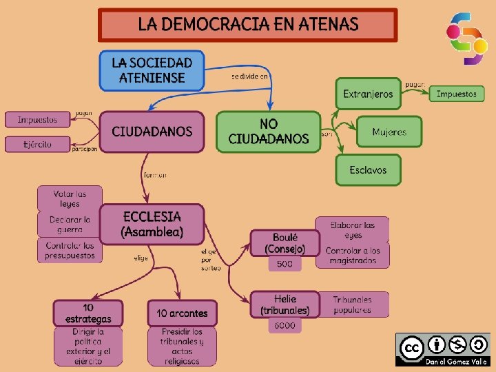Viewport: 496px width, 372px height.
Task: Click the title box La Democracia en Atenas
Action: click(248, 25)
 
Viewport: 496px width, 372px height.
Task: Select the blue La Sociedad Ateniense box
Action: click(152, 70)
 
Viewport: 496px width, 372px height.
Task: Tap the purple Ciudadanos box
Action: click(152, 132)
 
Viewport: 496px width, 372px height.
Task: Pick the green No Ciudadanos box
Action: click(269, 132)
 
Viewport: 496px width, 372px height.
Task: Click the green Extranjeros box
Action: click(368, 94)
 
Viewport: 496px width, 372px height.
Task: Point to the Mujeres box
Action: click(389, 132)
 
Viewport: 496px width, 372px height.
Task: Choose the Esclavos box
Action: click(368, 169)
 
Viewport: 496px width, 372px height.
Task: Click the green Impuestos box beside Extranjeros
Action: click(456, 94)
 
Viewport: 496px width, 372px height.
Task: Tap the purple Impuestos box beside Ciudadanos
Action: click(37, 120)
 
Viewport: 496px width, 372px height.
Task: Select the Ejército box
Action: click(37, 144)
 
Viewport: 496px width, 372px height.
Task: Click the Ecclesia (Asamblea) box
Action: click(152, 224)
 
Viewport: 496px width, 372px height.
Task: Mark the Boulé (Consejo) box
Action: click(285, 242)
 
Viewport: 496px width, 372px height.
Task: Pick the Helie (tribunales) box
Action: click(285, 304)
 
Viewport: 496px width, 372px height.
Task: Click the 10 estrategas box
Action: click(83, 313)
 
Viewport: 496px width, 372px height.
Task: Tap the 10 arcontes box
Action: click(182, 313)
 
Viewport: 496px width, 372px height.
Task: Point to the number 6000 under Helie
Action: click(285, 326)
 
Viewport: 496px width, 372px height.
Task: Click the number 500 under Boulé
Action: click(285, 264)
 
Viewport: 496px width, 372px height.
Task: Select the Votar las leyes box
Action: click(70, 198)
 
